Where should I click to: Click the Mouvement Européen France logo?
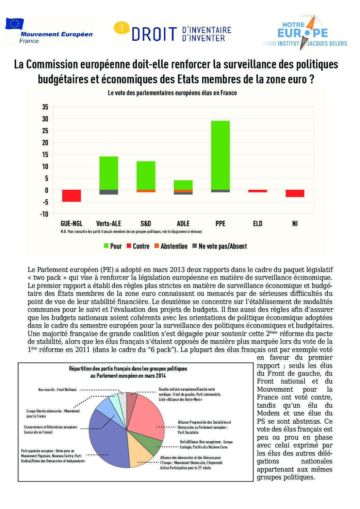pyautogui.click(x=48, y=31)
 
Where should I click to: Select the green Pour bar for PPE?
pyautogui.click(x=220, y=155)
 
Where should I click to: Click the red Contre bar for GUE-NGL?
pyautogui.click(x=71, y=196)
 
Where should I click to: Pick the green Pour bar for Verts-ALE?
pyautogui.click(x=109, y=173)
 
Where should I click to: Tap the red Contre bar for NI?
pyautogui.click(x=295, y=193)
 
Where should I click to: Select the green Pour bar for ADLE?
pyautogui.click(x=183, y=185)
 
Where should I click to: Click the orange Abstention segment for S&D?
pyautogui.click(x=146, y=191)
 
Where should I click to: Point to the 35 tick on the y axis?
pyautogui.click(x=45, y=107)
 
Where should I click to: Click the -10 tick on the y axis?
pyautogui.click(x=44, y=214)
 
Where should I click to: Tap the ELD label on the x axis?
pyautogui.click(x=258, y=223)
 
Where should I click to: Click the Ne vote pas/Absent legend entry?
pyautogui.click(x=219, y=246)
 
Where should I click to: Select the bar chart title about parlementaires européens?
pyautogui.click(x=172, y=93)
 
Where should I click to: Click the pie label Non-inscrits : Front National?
pyautogui.click(x=58, y=390)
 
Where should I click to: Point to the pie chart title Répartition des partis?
pyautogui.click(x=128, y=372)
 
